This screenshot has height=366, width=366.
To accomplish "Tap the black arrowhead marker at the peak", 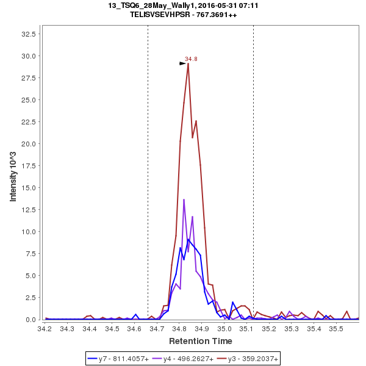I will pos(182,63).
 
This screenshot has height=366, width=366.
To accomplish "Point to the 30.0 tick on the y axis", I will pos(29,56).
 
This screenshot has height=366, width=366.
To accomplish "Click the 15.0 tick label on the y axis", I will pos(29,188).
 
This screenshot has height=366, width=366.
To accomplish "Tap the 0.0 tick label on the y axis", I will pos(31,320).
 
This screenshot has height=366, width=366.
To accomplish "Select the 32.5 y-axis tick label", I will pos(29,34).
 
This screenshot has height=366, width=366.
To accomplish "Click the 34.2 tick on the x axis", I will pos(45,329).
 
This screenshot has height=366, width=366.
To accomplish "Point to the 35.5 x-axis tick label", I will pos(337,329).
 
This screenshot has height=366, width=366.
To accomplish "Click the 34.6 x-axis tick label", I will pos(135,329).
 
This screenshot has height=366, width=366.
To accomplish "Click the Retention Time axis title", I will pos(200,341).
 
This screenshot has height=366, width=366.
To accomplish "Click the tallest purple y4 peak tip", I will pos(184,199).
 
